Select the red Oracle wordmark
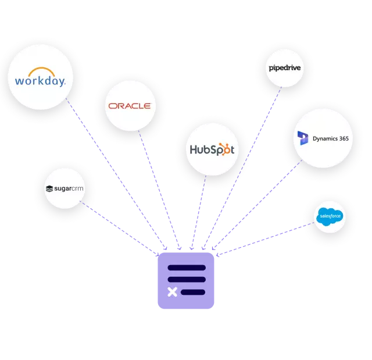(129, 106)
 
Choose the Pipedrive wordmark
(285, 68)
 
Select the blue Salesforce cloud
(329, 218)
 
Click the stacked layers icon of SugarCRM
(49, 188)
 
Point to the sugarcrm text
(69, 188)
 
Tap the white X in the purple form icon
(173, 292)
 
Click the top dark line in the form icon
(187, 268)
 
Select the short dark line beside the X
(193, 292)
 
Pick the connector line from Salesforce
(262, 238)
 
